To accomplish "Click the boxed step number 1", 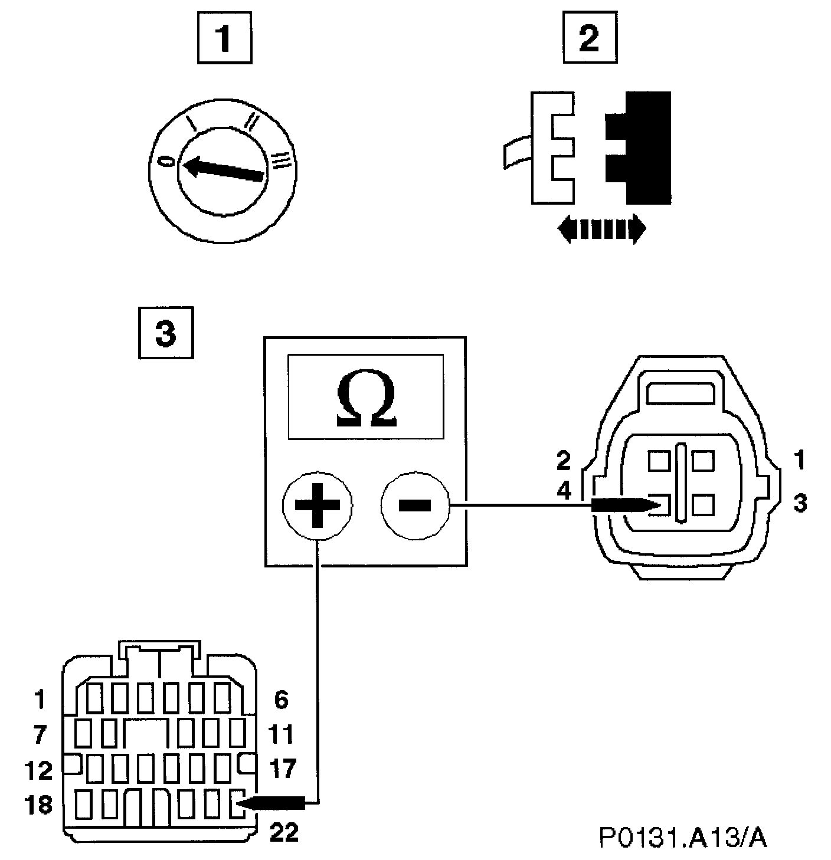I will (223, 40).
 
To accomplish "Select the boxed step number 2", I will (588, 40).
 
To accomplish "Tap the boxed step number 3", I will (165, 333).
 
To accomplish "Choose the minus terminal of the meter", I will (415, 504).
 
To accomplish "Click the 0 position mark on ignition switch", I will (169, 161).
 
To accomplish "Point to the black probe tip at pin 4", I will (626, 504).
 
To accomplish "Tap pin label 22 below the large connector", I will (284, 833).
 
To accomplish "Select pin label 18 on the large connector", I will (39, 805).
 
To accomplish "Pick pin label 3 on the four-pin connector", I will (800, 504).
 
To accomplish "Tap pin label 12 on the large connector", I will (39, 770).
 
